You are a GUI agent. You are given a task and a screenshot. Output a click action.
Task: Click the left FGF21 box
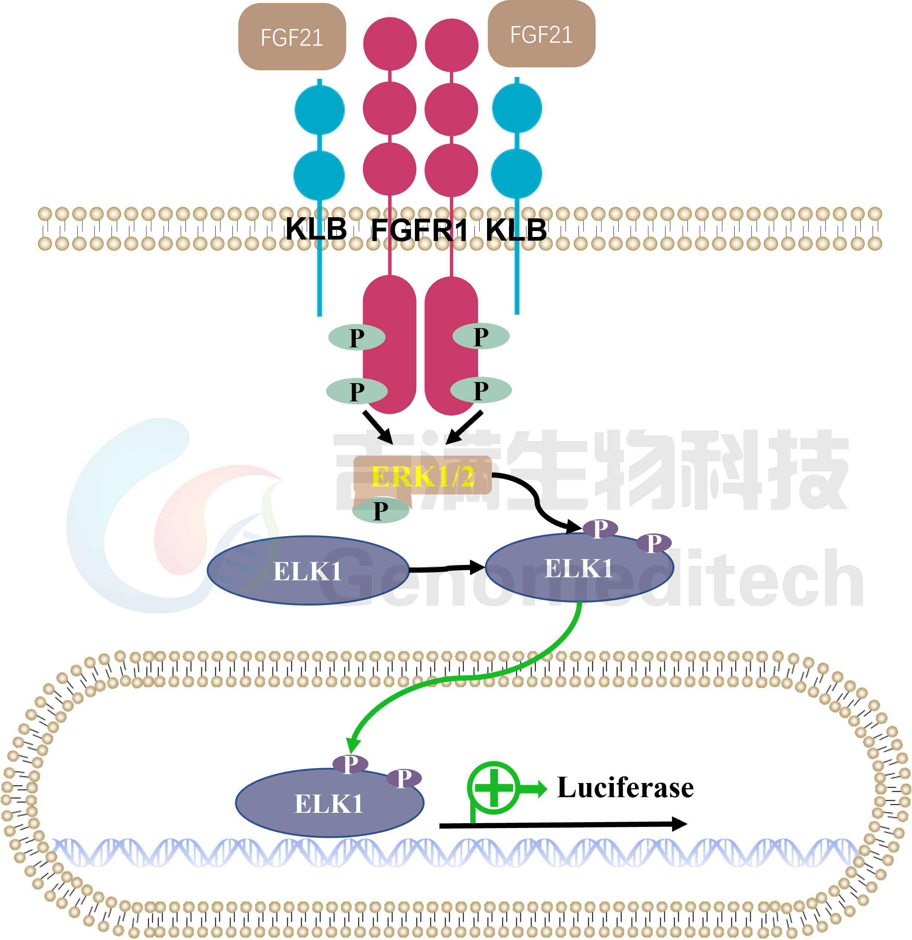pyautogui.click(x=292, y=37)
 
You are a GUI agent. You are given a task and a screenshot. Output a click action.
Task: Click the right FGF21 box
pyautogui.click(x=541, y=34)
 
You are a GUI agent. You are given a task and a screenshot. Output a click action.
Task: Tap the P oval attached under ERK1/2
pyautogui.click(x=380, y=510)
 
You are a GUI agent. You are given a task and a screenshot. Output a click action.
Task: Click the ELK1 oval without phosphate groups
pyautogui.click(x=308, y=570)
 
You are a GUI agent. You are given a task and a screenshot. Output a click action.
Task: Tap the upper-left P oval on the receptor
pyautogui.click(x=357, y=337)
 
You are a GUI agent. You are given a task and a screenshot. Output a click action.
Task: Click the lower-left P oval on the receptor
pyautogui.click(x=357, y=391)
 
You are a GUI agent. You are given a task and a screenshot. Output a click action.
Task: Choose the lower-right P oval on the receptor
pyautogui.click(x=481, y=389)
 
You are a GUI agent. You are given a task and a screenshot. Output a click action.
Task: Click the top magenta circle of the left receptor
pyautogui.click(x=390, y=44)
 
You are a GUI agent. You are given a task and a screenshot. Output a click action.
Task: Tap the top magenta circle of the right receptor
pyautogui.click(x=451, y=45)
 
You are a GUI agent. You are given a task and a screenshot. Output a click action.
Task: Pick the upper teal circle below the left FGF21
pyautogui.click(x=319, y=110)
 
